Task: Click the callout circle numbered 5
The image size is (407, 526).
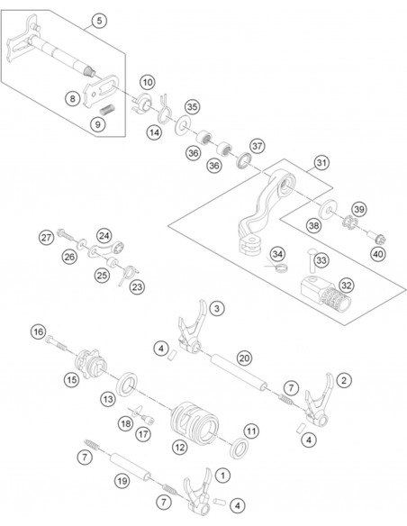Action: (100, 21)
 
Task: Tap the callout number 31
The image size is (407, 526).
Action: (321, 163)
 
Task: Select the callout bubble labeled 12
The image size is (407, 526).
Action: (180, 447)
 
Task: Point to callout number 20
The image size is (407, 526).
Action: (244, 358)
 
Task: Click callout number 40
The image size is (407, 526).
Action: (378, 254)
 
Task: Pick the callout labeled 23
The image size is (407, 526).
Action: (137, 287)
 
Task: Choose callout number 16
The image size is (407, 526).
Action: (38, 332)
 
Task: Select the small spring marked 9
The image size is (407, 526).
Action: (107, 110)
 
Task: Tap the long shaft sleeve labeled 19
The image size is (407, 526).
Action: (131, 467)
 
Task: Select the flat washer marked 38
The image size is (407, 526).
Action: (328, 208)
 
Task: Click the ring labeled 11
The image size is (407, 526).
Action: (239, 449)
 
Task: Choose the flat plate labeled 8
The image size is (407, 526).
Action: (101, 90)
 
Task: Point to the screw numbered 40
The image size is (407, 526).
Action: (376, 237)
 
